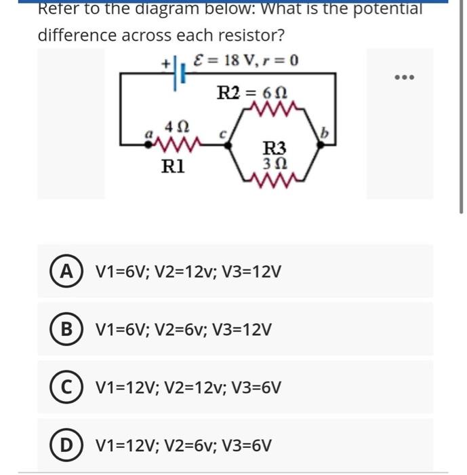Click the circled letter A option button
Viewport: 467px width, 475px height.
tap(66, 271)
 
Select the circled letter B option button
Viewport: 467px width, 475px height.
tap(66, 330)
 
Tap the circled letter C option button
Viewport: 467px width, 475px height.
tap(66, 387)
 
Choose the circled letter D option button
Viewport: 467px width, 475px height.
tap(66, 445)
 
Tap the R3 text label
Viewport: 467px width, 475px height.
tap(274, 148)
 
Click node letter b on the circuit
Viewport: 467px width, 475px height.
tap(325, 135)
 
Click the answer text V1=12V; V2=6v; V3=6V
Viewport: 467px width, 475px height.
tap(184, 446)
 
